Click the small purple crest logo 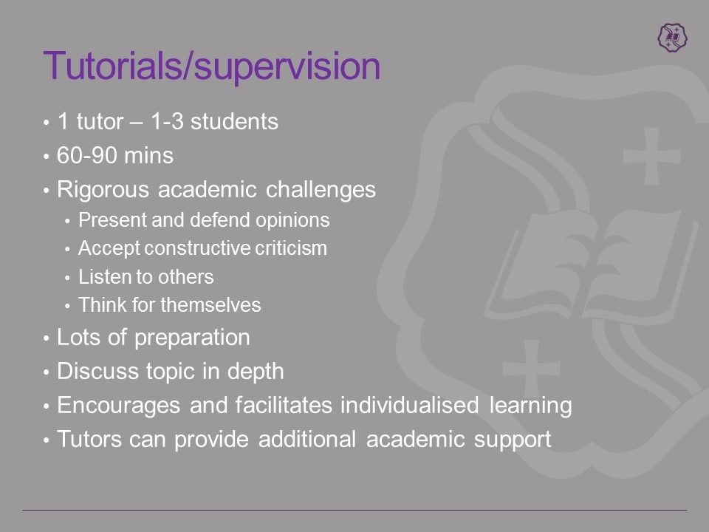click(x=672, y=37)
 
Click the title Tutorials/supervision click(x=212, y=66)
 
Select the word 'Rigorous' click(x=103, y=190)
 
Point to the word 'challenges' click(x=321, y=190)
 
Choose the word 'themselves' click(x=210, y=305)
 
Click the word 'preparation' click(x=192, y=338)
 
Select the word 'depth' click(x=256, y=372)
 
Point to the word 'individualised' click(x=409, y=405)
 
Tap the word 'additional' click(x=307, y=439)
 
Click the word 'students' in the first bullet click(x=234, y=122)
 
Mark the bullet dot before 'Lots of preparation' click(x=46, y=338)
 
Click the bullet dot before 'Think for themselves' click(x=67, y=306)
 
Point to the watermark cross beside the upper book click(x=651, y=156)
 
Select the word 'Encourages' click(x=118, y=406)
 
